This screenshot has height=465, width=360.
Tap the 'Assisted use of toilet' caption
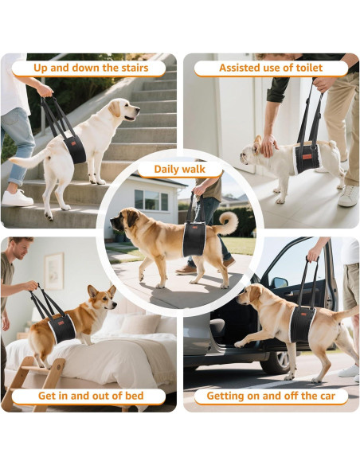pos(271,68)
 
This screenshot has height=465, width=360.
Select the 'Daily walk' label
pos(179,169)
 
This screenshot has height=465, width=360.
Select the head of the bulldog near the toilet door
pos(249,149)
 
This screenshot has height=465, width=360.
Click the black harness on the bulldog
pos(307,157)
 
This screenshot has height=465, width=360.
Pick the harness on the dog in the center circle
pos(194,240)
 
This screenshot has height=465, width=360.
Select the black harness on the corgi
pos(62,327)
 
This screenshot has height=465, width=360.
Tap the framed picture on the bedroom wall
pos(53,271)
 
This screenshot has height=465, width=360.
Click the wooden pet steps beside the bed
pos(32,382)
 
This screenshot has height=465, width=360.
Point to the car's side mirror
pos(279,283)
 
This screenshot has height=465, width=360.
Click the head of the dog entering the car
pos(253,296)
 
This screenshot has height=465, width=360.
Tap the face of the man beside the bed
pos(22,251)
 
